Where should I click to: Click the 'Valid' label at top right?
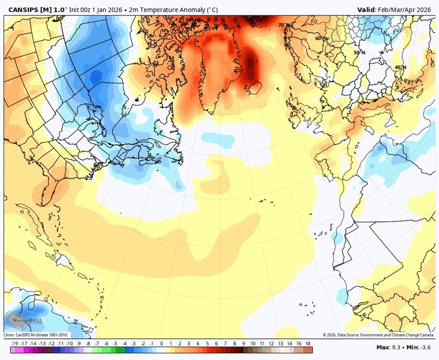pos(368,9)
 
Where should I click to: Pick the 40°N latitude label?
pos(400,67)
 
